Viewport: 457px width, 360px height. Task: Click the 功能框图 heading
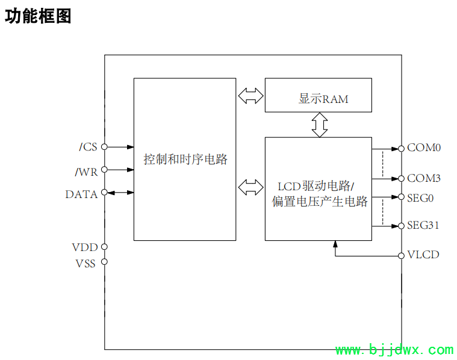(38, 16)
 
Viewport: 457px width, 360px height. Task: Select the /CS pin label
(88, 147)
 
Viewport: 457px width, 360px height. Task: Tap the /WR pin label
(86, 172)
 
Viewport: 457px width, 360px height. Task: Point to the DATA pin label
(81, 194)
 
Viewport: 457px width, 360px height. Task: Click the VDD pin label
(85, 247)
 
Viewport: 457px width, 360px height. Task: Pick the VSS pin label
(85, 264)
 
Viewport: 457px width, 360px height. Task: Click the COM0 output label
(424, 147)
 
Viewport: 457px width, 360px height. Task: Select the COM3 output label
(424, 178)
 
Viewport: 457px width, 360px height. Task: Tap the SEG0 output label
(421, 197)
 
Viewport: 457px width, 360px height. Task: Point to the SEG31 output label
(423, 226)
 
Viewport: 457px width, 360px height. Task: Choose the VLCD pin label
(423, 255)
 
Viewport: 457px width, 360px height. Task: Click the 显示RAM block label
(323, 99)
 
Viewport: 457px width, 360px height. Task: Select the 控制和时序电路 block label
(185, 160)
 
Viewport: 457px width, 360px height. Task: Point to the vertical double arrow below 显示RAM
(319, 124)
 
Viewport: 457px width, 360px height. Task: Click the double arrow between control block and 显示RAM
(250, 95)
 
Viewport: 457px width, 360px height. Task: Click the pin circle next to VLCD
(402, 255)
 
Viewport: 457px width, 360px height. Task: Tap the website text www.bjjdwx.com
(394, 350)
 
